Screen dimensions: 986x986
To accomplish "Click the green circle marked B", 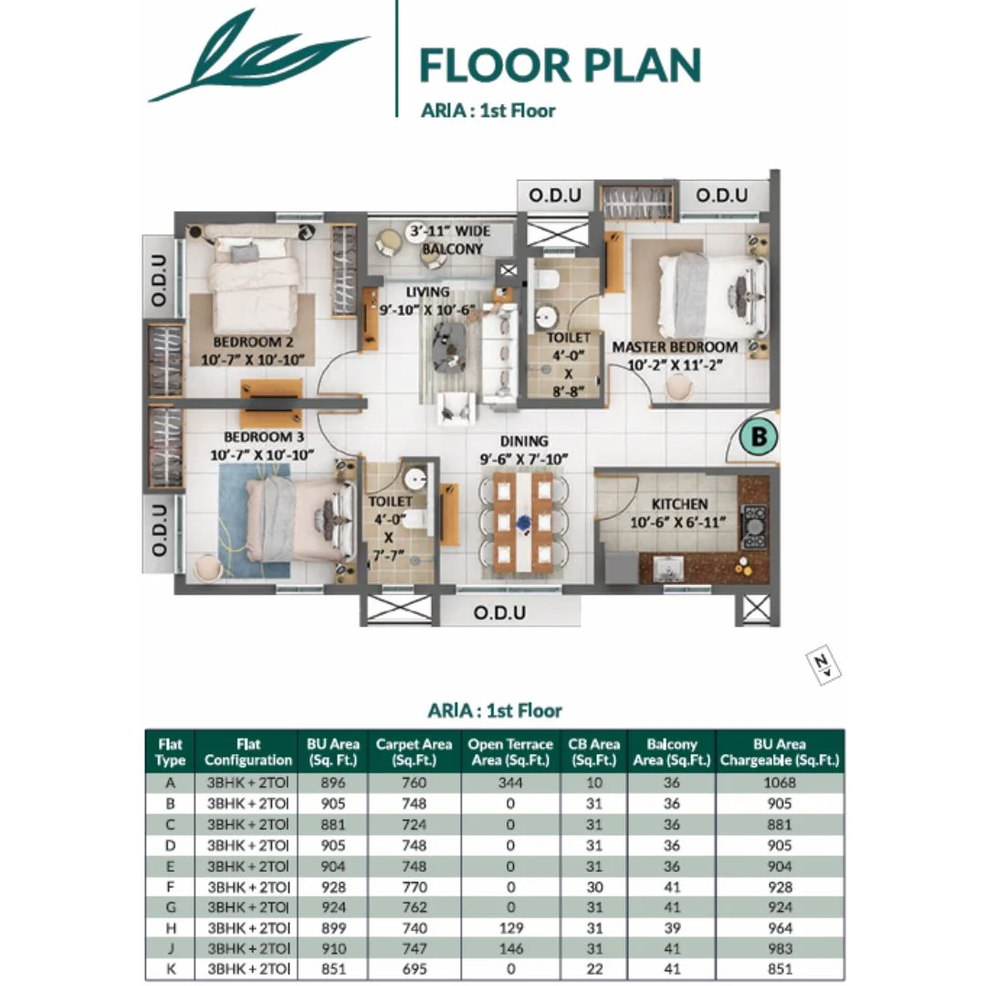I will pos(759,438).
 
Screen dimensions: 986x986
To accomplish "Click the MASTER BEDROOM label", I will pos(675,348).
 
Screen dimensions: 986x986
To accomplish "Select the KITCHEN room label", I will pos(679,504).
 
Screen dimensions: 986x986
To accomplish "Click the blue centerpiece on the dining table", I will pos(524,524).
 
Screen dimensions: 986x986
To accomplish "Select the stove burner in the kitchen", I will pos(754,526).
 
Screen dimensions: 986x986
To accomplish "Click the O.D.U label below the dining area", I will pos(499,613).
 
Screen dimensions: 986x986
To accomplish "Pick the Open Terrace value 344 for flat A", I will pos(509,782).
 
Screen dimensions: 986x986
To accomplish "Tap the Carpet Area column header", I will pos(414,751).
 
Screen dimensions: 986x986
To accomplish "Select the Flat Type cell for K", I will pos(170,970).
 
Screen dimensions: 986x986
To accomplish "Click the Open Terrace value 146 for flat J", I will pos(509,949).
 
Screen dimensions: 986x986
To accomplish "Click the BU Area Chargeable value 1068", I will pos(780,782).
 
